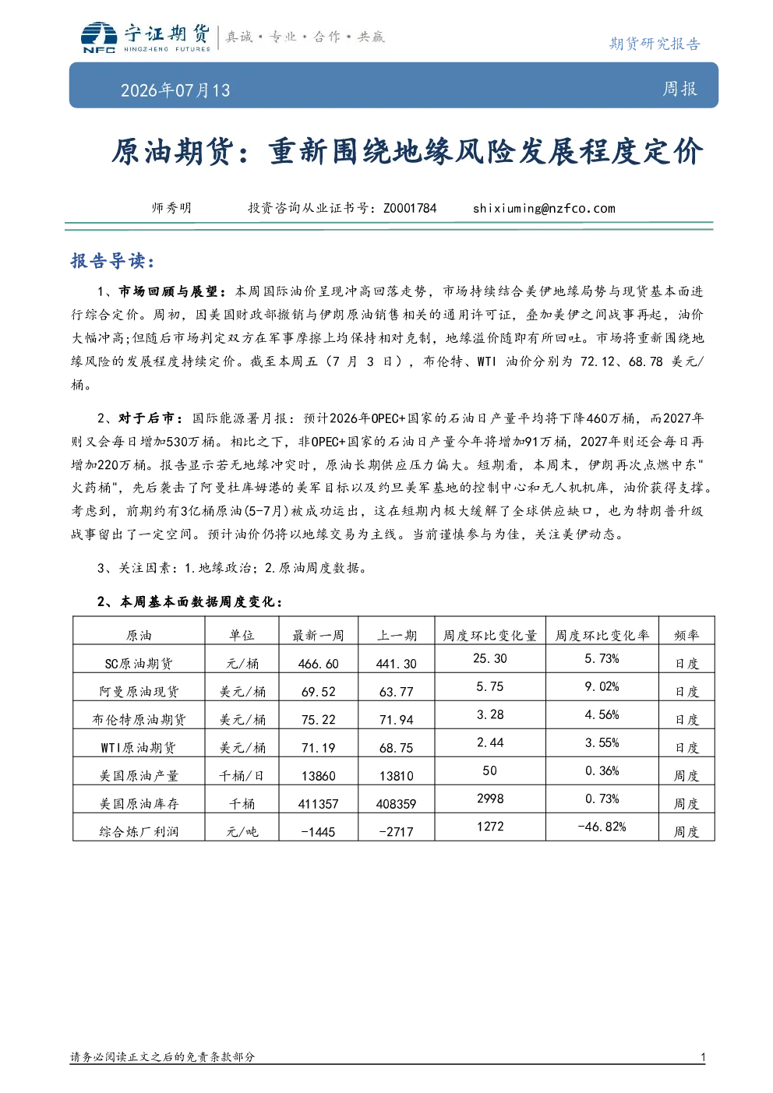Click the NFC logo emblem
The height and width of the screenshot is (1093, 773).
[x=99, y=37]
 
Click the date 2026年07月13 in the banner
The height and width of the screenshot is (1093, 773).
[x=175, y=90]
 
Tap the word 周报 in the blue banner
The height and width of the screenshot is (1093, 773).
[x=679, y=89]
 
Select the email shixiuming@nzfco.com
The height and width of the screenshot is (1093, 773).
[x=544, y=208]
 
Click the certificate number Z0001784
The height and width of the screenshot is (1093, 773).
[x=410, y=208]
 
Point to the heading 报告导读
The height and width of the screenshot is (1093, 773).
[x=113, y=261]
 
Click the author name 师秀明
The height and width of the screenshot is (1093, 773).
[x=171, y=208]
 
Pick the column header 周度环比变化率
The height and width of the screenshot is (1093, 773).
[x=602, y=635]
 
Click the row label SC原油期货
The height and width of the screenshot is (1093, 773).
[x=139, y=664]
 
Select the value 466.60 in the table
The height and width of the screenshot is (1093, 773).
[x=318, y=664]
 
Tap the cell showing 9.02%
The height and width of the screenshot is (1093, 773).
[x=602, y=686]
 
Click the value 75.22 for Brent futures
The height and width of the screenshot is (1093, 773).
[x=318, y=720]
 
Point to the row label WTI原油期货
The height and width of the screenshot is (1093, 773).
[x=139, y=748]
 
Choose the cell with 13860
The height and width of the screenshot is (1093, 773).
[x=318, y=776]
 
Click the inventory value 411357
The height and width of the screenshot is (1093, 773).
[x=318, y=804]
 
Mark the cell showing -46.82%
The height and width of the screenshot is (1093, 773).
[x=602, y=827]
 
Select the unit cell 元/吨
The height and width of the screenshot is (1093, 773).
[x=242, y=831]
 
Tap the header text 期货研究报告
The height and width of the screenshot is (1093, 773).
[x=655, y=44]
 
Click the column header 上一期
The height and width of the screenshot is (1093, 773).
[x=397, y=635]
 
